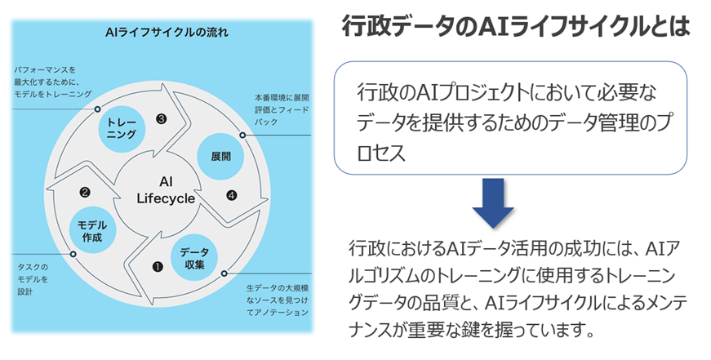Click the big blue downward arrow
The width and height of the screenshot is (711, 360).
click(493, 203)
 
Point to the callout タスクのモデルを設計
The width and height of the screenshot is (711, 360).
click(33, 279)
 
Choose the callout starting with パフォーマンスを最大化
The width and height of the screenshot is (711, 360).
click(51, 82)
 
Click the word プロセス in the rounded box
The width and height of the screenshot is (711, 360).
click(382, 153)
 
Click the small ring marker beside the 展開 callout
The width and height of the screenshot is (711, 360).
click(242, 135)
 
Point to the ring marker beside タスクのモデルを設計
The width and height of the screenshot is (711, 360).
click(73, 255)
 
